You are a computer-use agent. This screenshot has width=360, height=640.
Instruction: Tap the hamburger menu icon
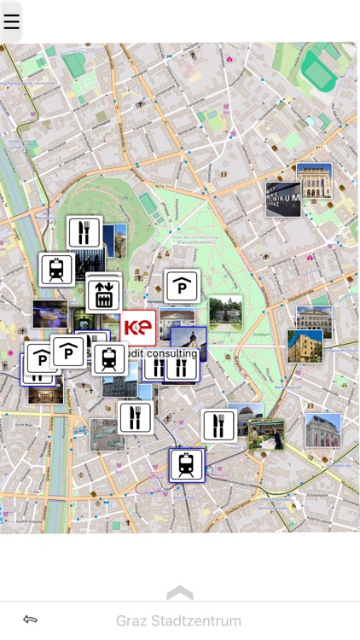[x=11, y=21]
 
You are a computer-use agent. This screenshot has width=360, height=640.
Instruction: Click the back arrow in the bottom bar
[x=31, y=620]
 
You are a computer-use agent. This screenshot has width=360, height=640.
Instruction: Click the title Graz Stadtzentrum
[x=179, y=620]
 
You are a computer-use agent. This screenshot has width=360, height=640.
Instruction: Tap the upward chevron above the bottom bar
[x=180, y=592]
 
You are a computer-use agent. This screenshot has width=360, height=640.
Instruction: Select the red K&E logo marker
[x=138, y=328]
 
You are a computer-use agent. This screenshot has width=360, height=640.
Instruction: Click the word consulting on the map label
[x=171, y=353]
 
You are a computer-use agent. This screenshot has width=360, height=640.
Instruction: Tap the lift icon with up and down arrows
[x=104, y=294]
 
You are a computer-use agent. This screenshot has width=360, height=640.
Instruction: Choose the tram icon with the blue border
[x=186, y=465]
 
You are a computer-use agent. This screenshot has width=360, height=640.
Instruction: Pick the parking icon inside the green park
[x=182, y=287]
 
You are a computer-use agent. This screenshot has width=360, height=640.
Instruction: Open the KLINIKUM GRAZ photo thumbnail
[x=283, y=199]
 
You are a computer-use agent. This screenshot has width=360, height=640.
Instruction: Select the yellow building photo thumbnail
[x=305, y=346]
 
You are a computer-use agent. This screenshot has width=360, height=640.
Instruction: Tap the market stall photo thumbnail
[x=266, y=434]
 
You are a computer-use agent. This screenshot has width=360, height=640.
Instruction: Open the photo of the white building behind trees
[x=225, y=312]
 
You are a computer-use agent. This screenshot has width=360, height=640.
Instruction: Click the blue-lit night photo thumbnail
[x=49, y=313]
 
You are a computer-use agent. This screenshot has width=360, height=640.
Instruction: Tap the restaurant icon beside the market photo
[x=219, y=425]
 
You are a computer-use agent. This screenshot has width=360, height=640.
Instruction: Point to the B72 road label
[x=320, y=147]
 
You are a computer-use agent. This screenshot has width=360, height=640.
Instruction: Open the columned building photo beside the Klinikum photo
[x=314, y=180]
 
